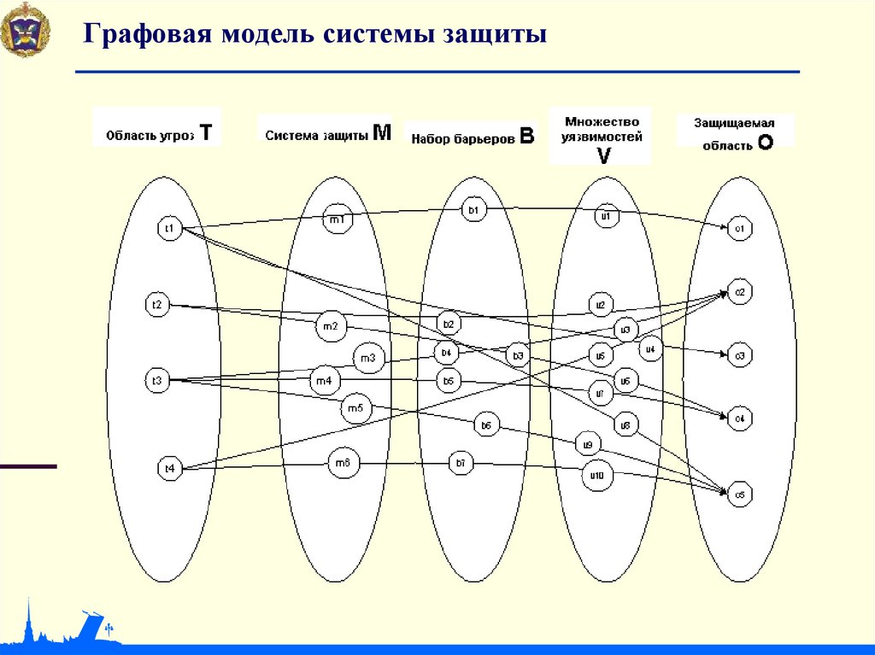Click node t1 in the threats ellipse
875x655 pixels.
point(170,228)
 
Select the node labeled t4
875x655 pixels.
point(170,468)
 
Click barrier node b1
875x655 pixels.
point(475,209)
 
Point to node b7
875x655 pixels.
point(461,464)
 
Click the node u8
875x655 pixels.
point(625,424)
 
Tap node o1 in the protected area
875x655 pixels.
point(738,229)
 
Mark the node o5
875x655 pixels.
point(738,494)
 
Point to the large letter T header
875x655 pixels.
point(205,132)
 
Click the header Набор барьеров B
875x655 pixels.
point(472,136)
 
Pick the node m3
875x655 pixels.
point(367,359)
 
